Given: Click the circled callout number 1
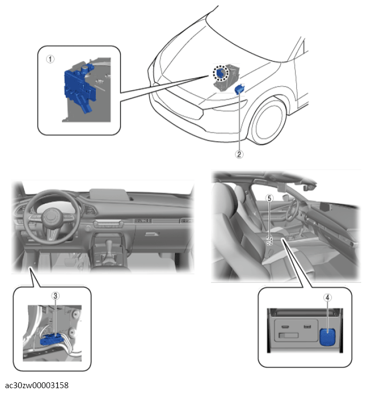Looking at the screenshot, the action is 50,59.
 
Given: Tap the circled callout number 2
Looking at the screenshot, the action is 239,154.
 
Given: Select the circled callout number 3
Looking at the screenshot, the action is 56,296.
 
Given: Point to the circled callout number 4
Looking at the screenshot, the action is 327,297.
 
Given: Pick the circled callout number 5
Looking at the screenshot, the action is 269,198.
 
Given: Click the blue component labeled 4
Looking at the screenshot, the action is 327,337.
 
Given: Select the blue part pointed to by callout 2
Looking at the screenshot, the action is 240,89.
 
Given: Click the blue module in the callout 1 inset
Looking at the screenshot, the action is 79,88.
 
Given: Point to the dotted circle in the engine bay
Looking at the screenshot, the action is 221,73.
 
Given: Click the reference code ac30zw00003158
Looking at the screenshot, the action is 36,385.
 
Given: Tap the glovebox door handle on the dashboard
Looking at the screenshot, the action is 152,234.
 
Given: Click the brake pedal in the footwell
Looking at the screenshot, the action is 71,263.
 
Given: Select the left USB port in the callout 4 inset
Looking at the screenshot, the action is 285,327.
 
